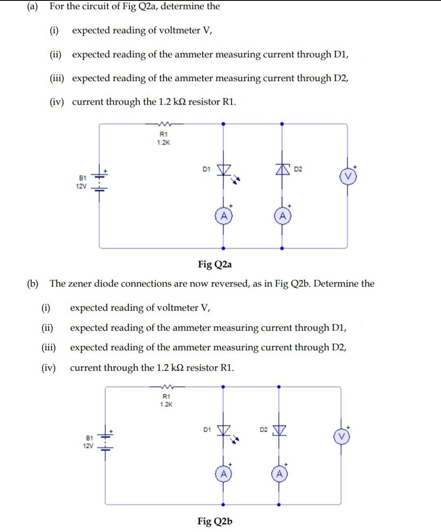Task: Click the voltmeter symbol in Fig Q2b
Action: pyautogui.click(x=342, y=437)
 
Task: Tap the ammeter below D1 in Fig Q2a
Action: pyautogui.click(x=223, y=216)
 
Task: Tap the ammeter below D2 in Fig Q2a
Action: pyautogui.click(x=282, y=216)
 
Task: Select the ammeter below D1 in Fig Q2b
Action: pyautogui.click(x=223, y=474)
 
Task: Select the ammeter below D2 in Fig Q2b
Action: pyautogui.click(x=279, y=474)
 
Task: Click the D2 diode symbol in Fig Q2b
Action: pyautogui.click(x=279, y=430)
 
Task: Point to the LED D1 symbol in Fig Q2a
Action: pyautogui.click(x=223, y=170)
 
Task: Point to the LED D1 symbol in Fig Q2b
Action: pyautogui.click(x=223, y=430)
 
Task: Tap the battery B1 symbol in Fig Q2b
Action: pyautogui.click(x=106, y=441)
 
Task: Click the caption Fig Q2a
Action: pyautogui.click(x=215, y=264)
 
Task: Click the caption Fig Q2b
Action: pyautogui.click(x=215, y=521)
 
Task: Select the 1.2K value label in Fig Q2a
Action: pyautogui.click(x=163, y=143)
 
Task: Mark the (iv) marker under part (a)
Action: pyautogui.click(x=57, y=102)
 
